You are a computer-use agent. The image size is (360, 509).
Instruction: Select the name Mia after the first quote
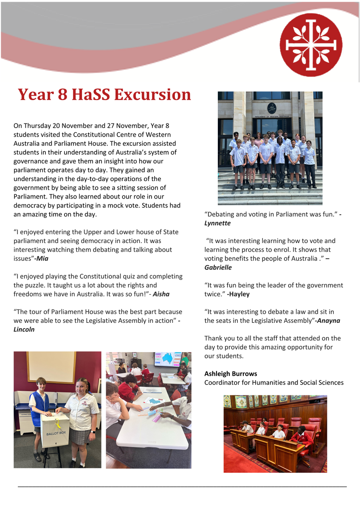point(49,258)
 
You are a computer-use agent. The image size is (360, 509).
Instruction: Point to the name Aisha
point(161,294)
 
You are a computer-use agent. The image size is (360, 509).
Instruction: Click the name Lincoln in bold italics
point(24,329)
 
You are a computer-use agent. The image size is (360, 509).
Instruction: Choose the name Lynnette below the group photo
point(217,223)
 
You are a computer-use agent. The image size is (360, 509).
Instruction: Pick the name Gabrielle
point(218,268)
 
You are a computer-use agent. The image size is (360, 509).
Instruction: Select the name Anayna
point(328,321)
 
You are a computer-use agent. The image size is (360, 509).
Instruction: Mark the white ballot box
point(55,430)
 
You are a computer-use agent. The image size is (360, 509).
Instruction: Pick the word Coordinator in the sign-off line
point(222,383)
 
